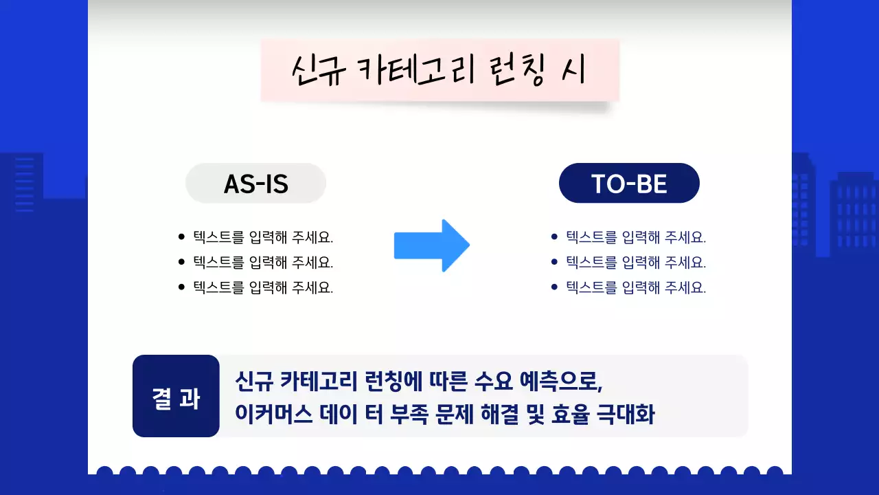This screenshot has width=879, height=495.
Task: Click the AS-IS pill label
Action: click(x=255, y=184)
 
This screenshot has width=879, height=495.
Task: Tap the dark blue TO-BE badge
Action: click(x=629, y=184)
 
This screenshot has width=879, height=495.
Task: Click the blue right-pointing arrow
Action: click(x=432, y=245)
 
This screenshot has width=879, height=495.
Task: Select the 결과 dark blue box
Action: click(x=176, y=397)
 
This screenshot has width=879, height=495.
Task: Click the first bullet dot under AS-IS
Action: click(x=181, y=238)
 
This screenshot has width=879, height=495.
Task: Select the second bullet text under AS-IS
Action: click(x=263, y=263)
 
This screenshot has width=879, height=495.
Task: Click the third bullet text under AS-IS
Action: click(x=263, y=288)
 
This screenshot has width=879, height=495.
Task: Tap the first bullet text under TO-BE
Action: click(x=636, y=238)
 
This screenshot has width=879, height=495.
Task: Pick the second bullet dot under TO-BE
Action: click(x=554, y=263)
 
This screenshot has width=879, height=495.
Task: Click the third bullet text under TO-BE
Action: click(x=636, y=288)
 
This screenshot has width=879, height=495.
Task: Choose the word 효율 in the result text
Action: click(x=570, y=415)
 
